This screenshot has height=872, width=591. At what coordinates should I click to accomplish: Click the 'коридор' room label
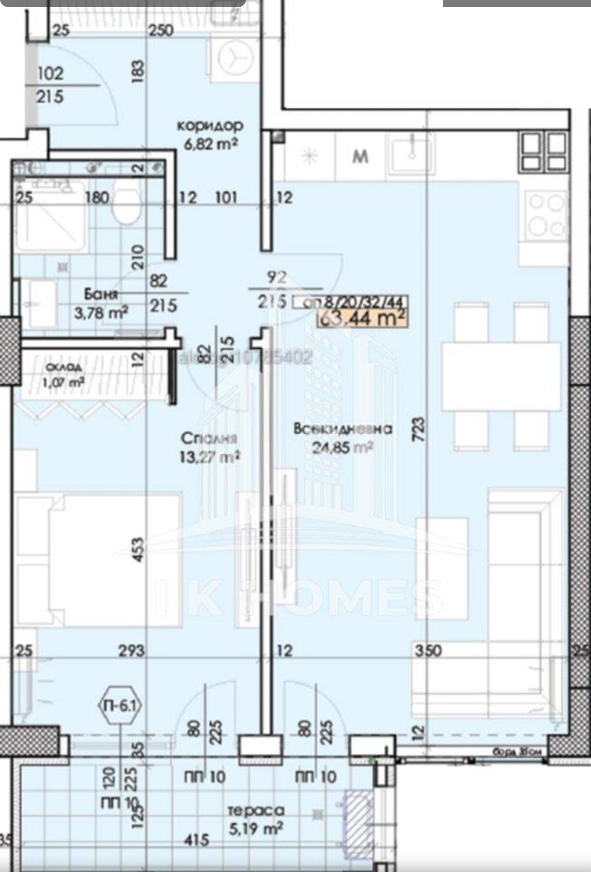pos(210,125)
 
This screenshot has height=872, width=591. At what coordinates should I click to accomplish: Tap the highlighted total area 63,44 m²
pos(362,317)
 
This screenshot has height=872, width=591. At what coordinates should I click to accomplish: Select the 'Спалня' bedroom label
pos(208,438)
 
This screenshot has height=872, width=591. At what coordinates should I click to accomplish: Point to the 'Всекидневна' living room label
pos(343,429)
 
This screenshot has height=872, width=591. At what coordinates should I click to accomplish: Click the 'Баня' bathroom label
pos(101,294)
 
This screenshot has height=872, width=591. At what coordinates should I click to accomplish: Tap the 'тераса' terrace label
pos(256,811)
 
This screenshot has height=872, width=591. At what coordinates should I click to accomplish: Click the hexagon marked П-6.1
pos(121,706)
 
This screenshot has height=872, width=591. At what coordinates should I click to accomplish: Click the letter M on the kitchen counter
pos(360,157)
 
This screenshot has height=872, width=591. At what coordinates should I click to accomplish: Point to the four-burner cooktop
pos(545,215)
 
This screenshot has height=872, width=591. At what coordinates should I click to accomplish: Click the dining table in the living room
pos(501,376)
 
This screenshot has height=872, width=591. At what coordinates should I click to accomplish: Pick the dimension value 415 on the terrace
pos(196,839)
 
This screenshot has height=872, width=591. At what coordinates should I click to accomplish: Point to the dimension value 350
pos(428,650)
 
